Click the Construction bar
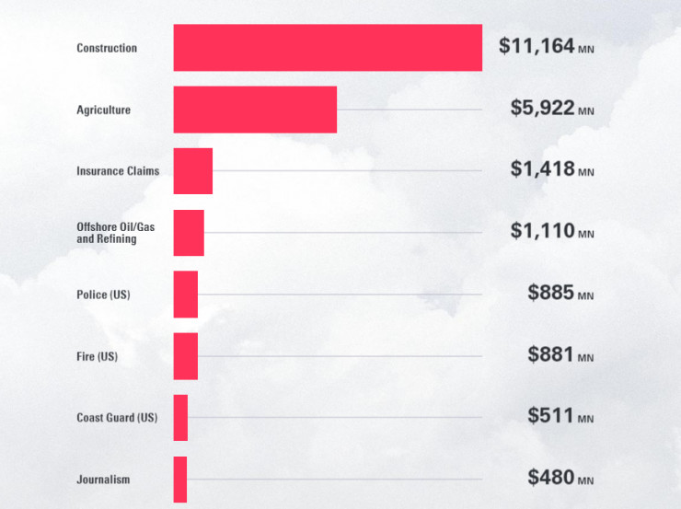click(328, 48)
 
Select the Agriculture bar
click(255, 110)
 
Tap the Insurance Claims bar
click(193, 171)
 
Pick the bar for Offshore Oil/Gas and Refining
click(189, 233)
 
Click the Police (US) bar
click(186, 295)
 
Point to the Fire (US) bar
click(186, 356)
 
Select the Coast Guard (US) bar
click(180, 418)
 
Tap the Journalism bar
click(180, 480)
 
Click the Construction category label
click(107, 48)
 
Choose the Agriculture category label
click(104, 110)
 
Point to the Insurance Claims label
click(118, 171)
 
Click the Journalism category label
click(103, 480)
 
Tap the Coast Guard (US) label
click(117, 418)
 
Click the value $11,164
click(537, 45)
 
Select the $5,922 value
click(542, 108)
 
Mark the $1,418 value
click(542, 169)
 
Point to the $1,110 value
click(542, 231)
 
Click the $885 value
click(551, 293)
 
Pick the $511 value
click(551, 416)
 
